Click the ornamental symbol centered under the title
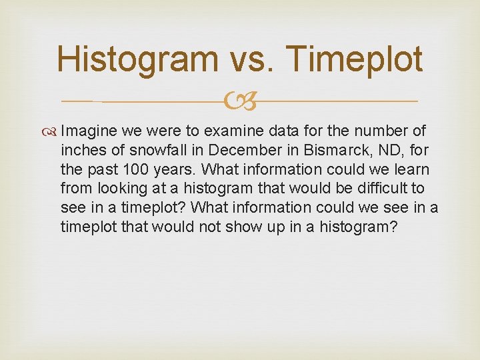coord(239,101)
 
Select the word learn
coord(411,170)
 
